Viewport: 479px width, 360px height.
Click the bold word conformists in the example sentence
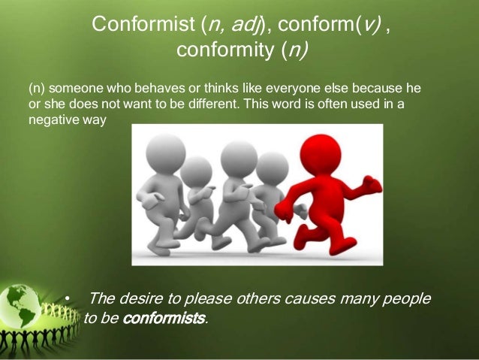(163, 318)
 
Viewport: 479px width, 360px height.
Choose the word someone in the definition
(68, 88)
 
